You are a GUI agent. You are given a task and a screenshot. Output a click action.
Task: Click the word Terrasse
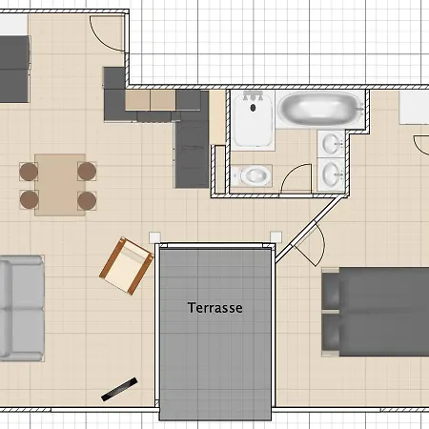click(x=215, y=308)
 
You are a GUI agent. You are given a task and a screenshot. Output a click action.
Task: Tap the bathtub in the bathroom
click(x=320, y=109)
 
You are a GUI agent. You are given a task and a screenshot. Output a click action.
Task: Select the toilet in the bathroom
click(x=253, y=175)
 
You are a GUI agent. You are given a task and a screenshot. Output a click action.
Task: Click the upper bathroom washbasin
click(x=332, y=144)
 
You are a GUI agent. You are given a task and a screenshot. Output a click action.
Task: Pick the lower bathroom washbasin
click(x=332, y=174)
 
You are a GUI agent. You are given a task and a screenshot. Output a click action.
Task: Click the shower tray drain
click(x=253, y=108)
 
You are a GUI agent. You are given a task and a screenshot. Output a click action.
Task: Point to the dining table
click(x=60, y=185)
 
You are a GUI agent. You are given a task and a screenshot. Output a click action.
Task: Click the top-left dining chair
click(x=29, y=172)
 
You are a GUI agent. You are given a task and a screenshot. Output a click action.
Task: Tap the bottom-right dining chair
click(x=87, y=200)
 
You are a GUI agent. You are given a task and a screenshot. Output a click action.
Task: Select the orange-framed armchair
click(x=126, y=266)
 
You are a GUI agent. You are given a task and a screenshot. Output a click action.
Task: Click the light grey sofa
click(x=22, y=308)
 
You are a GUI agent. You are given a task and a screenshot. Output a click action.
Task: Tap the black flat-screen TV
click(x=119, y=389)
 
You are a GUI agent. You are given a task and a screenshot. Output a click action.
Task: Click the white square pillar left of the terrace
click(x=154, y=237)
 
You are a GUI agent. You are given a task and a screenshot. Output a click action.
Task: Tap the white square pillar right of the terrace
click(x=276, y=237)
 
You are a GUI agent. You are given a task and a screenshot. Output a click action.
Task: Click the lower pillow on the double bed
click(x=331, y=332)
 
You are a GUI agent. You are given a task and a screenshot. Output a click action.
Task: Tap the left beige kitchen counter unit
click(x=137, y=100)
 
